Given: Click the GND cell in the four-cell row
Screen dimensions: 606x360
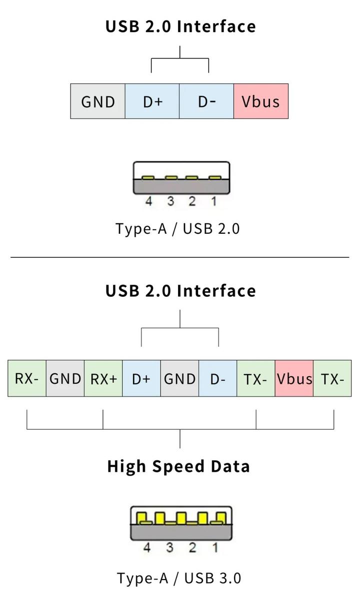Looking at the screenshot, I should [98, 101].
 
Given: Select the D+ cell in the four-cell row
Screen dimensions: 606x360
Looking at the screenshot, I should [152, 101].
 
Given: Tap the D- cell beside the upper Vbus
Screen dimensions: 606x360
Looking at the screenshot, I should [206, 101].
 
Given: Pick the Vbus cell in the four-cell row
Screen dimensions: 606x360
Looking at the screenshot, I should [260, 101].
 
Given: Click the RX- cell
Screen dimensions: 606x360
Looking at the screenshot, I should [27, 378].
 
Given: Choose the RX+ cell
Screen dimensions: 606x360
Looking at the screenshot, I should [103, 378].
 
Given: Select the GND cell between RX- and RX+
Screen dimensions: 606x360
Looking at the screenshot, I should [65, 378].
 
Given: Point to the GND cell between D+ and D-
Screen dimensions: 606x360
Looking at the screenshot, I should [179, 378].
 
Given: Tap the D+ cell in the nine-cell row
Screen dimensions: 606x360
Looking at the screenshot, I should [141, 378].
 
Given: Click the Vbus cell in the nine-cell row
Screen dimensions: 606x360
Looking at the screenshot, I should [294, 378].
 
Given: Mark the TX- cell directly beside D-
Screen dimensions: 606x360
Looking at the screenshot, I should [256, 378].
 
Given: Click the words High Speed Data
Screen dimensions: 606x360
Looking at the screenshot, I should [178, 466].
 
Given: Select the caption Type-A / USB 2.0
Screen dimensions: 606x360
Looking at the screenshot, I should [178, 229].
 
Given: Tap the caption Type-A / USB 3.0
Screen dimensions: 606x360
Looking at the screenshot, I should [179, 578].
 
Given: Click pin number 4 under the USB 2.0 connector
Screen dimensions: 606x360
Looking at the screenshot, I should [148, 201].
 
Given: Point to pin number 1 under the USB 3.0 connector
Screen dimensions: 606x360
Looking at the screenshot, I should [215, 548].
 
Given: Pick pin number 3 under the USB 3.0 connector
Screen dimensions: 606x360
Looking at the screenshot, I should [170, 548].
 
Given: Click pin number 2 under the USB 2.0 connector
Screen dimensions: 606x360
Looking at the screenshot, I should [192, 201].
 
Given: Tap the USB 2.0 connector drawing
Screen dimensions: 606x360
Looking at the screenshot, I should [181, 178].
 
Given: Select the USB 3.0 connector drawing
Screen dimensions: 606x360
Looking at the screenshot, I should [181, 523].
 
